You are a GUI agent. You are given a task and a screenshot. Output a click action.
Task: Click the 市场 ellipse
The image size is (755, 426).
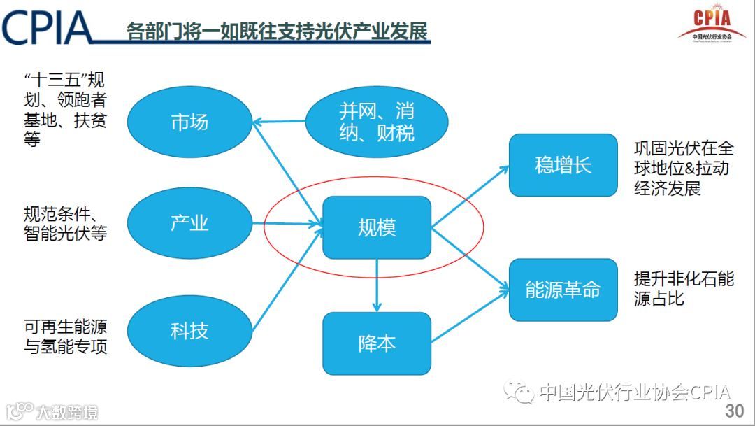pos(189,122)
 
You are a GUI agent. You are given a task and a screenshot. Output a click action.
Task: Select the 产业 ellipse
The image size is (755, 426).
pos(189,223)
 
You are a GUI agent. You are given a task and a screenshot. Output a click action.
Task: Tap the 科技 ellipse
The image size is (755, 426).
pos(189,330)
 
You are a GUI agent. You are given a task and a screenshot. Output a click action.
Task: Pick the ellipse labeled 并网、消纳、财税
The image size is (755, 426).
pos(377,122)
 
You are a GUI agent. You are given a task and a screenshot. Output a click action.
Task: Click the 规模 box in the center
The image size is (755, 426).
pos(376,227)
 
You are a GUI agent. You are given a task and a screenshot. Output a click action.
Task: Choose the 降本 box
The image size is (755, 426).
pos(376,343)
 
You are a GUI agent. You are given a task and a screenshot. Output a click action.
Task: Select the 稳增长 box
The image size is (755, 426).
pos(563,165)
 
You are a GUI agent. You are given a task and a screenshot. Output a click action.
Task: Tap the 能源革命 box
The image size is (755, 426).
pos(563,290)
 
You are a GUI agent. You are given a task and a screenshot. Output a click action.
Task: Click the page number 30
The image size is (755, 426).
pos(735,410)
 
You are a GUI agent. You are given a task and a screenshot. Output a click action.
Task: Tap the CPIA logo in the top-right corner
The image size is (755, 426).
pos(711,24)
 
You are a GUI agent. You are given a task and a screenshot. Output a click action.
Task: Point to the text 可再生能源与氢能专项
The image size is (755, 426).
pos(66,336)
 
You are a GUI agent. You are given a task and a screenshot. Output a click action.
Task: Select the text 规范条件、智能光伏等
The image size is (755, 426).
pos(66,224)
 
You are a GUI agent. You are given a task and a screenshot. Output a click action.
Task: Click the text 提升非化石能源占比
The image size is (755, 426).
pos(684,289)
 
